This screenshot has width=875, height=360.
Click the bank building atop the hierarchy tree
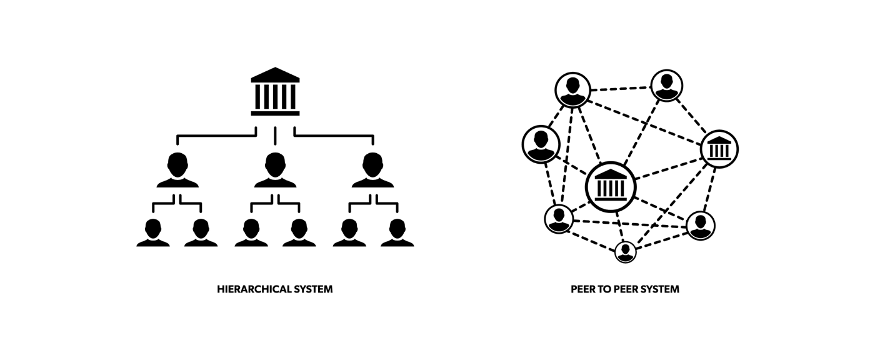[275, 92]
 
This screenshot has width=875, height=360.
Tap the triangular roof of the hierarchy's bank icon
[275, 74]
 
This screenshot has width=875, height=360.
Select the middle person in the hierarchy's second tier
[275, 170]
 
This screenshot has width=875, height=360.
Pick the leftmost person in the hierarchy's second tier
[177, 170]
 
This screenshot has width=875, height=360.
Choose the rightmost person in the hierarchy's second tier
[372, 170]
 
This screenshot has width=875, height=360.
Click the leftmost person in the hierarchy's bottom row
[153, 232]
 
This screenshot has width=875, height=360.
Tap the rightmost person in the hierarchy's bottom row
[397, 232]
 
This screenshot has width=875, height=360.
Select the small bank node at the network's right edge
[719, 149]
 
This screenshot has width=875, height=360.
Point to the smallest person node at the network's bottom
[625, 252]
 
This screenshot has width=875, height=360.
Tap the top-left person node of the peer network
[572, 89]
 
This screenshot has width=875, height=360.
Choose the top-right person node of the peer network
[666, 86]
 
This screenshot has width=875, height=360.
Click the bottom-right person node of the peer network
[700, 226]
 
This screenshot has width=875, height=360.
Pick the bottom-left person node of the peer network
[559, 219]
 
